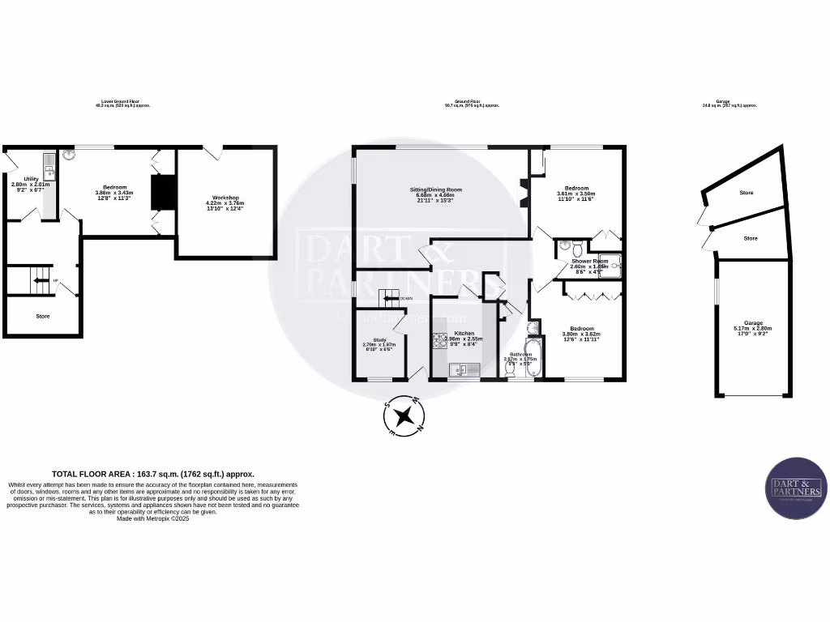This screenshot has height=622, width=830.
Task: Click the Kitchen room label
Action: click(x=464, y=333)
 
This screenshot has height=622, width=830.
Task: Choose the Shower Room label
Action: click(x=588, y=261)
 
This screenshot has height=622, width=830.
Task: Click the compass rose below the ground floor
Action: click(x=404, y=417)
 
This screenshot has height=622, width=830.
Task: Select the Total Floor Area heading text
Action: click(x=153, y=474)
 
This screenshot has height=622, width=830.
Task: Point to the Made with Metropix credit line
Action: click(x=153, y=518)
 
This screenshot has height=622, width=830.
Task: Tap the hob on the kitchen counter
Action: click(x=440, y=341)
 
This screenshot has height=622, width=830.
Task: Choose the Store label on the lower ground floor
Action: click(x=42, y=316)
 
